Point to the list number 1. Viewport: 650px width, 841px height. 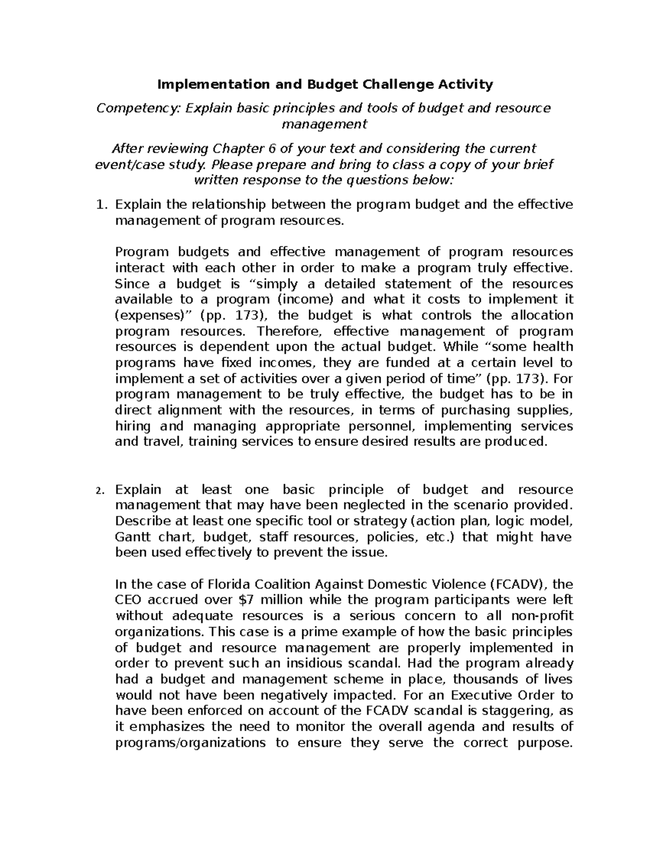click(x=99, y=205)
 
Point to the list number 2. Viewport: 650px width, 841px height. click(x=99, y=491)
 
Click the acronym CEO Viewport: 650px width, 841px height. click(x=129, y=600)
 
